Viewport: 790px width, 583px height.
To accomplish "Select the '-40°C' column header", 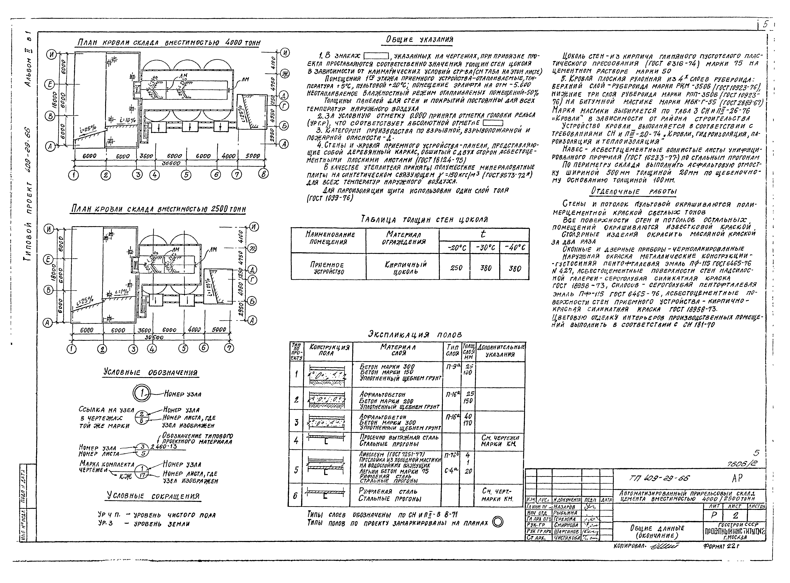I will tap(515, 248).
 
